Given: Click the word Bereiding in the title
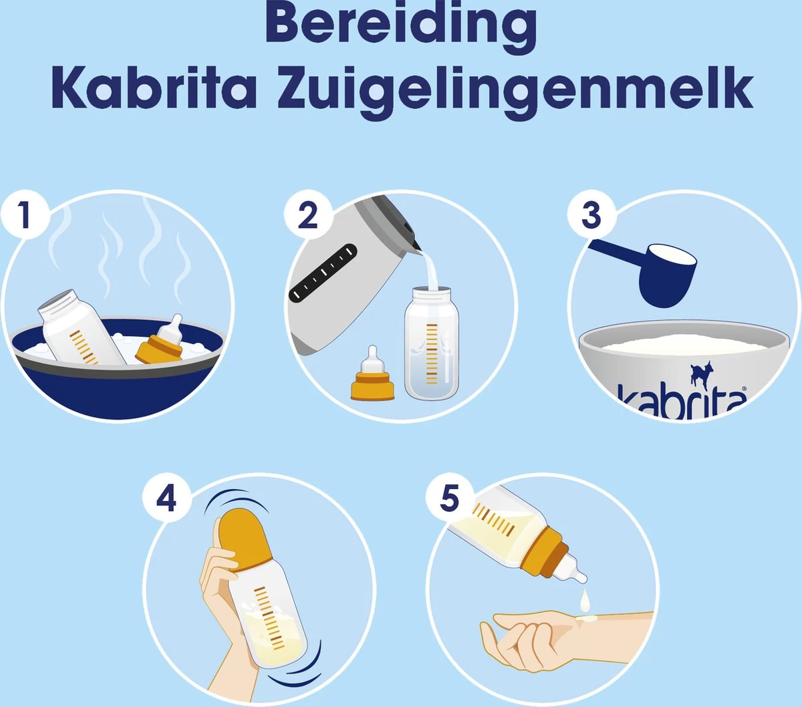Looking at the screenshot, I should pos(401,25).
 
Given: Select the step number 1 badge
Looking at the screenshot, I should pos(25,215).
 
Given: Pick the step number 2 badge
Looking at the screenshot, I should pos(307,215).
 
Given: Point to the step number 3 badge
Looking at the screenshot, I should pos(591,215).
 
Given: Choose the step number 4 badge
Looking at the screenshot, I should pos(166,498).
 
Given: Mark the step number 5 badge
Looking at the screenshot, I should pos(449,498).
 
